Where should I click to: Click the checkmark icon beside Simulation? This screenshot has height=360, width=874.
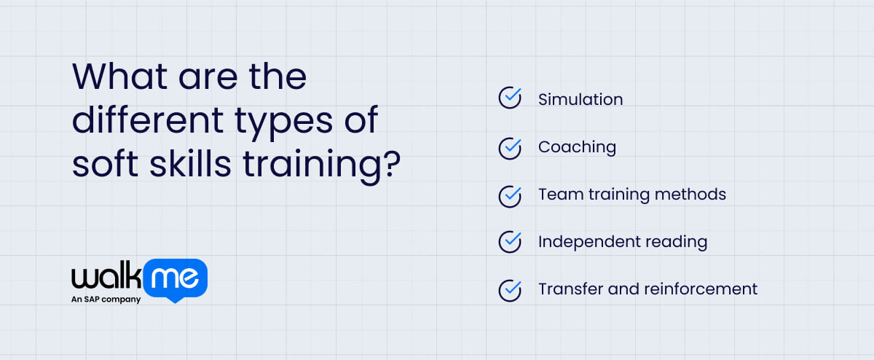[x=510, y=98]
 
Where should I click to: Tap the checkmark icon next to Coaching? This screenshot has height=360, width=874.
[x=510, y=146]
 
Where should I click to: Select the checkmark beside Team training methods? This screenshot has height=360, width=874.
[x=510, y=195]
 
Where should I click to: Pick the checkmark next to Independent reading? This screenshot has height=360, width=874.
[x=510, y=241]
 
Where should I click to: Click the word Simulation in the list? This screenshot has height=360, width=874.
[x=580, y=99]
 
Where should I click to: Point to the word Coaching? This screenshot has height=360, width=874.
[x=577, y=147]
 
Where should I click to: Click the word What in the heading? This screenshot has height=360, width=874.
[x=117, y=77]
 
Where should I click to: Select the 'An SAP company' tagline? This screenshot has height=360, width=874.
[x=106, y=299]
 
